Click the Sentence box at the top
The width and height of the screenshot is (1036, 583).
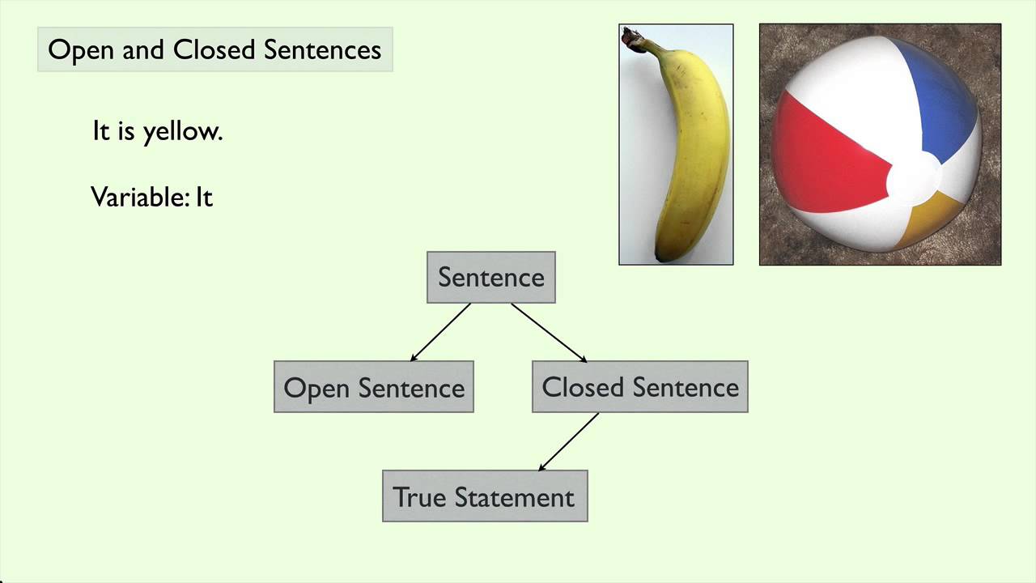click(491, 278)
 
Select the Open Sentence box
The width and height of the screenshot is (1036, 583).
click(374, 388)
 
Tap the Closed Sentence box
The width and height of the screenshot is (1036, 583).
click(639, 387)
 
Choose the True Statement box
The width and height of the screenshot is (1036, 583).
click(485, 496)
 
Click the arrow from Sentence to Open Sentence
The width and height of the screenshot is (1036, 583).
click(440, 332)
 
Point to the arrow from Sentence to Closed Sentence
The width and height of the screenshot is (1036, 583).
click(549, 332)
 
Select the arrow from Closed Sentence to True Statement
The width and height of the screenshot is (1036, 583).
click(568, 441)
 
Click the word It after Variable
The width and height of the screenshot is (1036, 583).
click(204, 197)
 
